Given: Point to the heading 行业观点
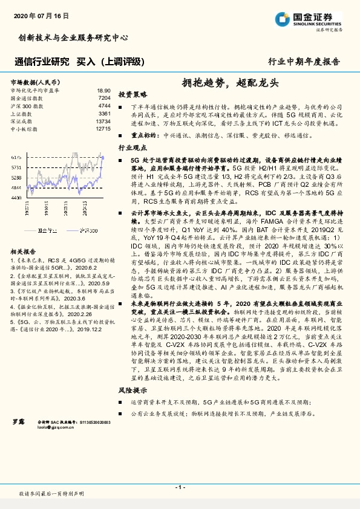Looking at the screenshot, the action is (x=133, y=147).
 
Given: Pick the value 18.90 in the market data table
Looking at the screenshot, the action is (x=103, y=89).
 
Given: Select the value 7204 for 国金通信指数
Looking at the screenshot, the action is (x=104, y=97).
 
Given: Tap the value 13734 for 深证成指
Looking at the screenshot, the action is (x=103, y=121).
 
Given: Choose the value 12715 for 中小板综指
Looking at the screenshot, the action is (x=103, y=129).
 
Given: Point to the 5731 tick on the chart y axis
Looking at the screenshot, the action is (x=16, y=167).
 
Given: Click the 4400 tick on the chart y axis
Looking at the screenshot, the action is (x=16, y=198).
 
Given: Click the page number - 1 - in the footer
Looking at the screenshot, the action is (x=180, y=487).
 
